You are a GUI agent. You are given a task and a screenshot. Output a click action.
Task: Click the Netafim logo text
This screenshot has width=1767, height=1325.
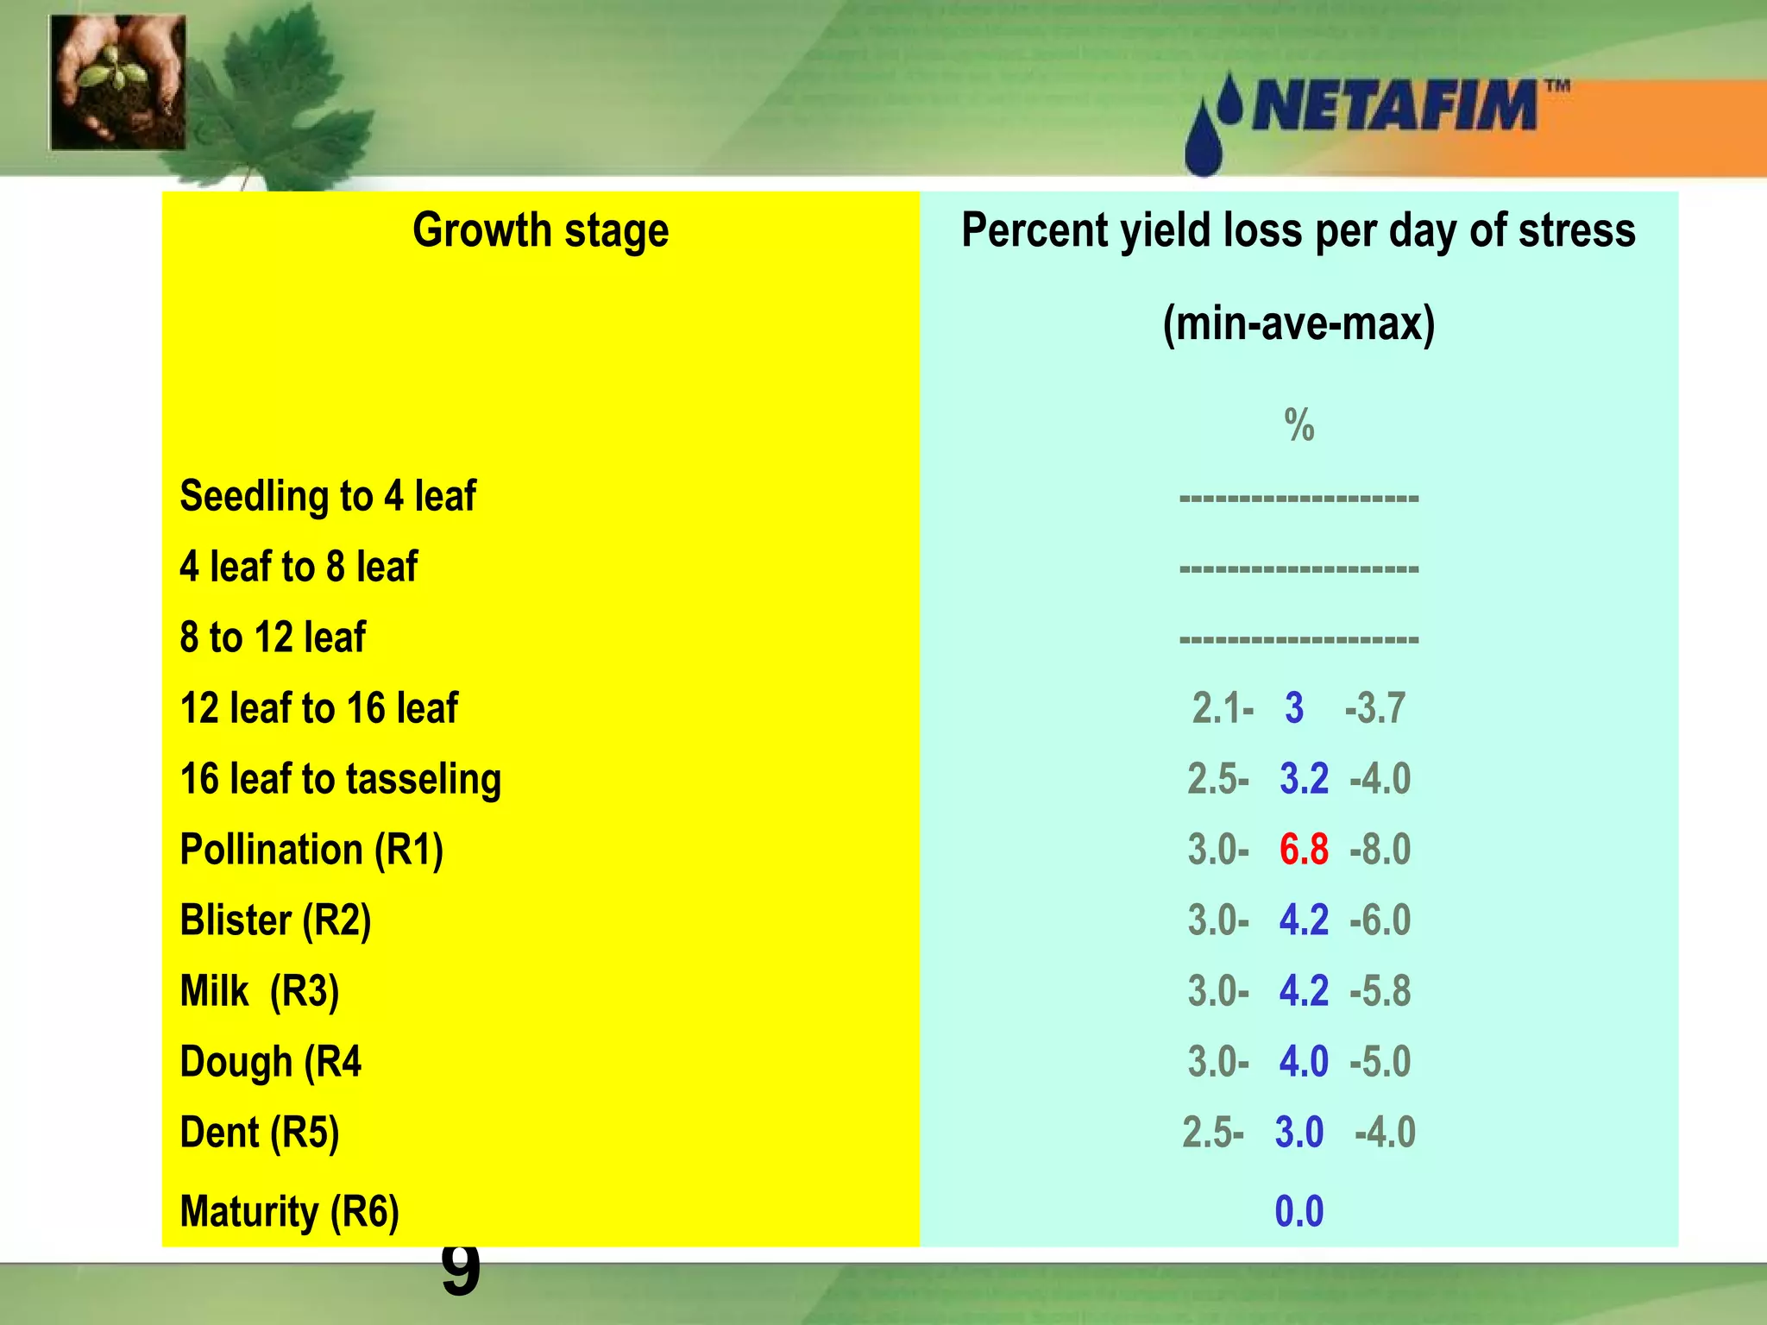pos(1393,106)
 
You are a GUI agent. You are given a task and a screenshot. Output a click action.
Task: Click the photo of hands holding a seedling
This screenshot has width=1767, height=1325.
pos(118,83)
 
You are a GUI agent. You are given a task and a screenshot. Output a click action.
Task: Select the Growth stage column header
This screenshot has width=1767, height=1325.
pos(540,231)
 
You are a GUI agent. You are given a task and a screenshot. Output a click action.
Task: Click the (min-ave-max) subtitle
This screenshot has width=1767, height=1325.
pos(1299,324)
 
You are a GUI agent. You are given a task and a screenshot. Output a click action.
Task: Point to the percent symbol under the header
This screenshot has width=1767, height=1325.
pos(1299,425)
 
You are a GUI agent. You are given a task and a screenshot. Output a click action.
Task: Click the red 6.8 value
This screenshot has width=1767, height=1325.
pos(1304,850)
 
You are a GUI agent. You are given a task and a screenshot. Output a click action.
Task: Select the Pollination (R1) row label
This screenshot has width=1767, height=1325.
pos(311,850)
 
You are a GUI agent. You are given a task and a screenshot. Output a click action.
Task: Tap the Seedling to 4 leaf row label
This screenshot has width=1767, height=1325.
pos(328,497)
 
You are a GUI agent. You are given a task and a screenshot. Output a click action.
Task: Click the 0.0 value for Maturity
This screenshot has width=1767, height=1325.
pos(1299,1212)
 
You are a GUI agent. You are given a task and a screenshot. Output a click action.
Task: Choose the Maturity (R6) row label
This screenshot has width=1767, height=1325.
pos(290,1212)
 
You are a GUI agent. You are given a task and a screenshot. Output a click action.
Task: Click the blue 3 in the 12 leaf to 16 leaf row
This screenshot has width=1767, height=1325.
pos(1294,708)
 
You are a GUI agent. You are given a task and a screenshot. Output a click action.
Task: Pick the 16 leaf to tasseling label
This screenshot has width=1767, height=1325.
pos(341,779)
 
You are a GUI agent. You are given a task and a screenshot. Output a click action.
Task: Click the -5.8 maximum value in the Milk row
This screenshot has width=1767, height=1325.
pos(1380,991)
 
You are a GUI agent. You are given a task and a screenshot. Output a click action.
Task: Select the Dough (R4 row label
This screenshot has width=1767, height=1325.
pos(270,1062)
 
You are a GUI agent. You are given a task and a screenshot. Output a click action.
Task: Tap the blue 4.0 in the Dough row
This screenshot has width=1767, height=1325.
pos(1304,1062)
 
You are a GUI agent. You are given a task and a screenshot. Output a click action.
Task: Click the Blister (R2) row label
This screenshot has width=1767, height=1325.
pos(275,920)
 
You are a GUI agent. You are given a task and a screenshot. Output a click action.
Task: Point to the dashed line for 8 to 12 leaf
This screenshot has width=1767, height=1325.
pos(1299,639)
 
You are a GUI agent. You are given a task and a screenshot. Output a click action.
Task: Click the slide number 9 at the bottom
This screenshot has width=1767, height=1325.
pos(460,1270)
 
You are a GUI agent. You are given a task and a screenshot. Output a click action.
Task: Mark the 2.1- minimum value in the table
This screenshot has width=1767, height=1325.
pos(1222,708)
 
